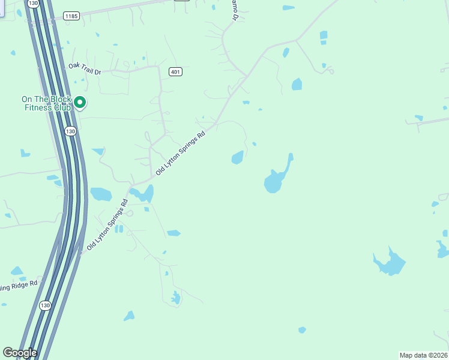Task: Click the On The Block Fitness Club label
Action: [x=46, y=103]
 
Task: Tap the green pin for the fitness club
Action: [x=80, y=103]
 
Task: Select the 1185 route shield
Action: [x=72, y=16]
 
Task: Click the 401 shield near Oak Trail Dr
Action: [x=175, y=72]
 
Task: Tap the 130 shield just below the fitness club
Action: [x=71, y=131]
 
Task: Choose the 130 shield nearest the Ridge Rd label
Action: [x=45, y=305]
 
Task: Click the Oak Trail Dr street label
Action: [x=85, y=70]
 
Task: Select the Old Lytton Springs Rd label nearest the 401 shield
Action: [x=180, y=153]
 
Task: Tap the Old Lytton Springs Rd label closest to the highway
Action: [x=107, y=224]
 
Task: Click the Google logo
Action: [x=19, y=353]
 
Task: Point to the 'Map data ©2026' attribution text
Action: [x=424, y=355]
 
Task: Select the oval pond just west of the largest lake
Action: [x=238, y=157]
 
